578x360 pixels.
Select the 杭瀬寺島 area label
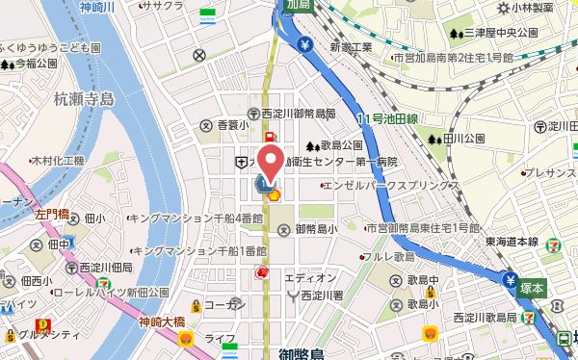point(84,98)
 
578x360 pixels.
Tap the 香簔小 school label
point(232,125)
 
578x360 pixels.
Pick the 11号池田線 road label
point(385,117)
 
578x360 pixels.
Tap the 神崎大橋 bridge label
point(161,321)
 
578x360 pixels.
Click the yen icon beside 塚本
point(510,280)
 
